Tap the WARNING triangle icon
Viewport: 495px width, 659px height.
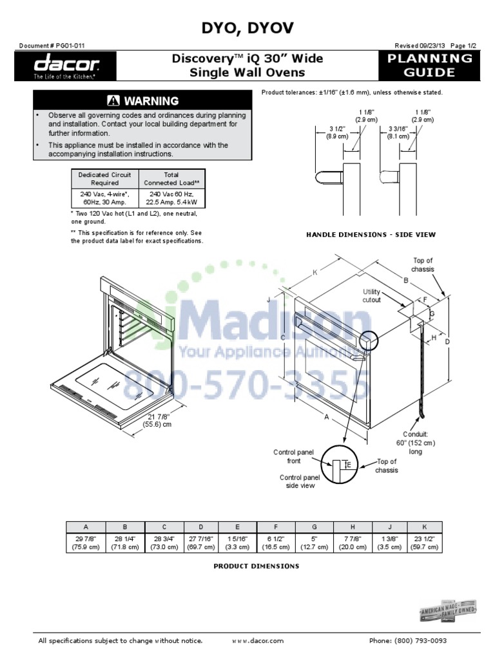click(114, 100)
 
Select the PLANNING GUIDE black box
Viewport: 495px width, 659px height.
click(429, 66)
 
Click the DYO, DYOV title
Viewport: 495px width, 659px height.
click(247, 28)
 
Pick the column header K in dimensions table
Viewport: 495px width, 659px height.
click(425, 526)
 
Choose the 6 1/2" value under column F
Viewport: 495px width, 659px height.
click(276, 542)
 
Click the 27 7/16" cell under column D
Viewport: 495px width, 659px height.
click(201, 542)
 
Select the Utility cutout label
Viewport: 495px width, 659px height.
click(372, 295)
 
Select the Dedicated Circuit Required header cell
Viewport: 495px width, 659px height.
click(104, 178)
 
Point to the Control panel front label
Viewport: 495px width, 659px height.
click(294, 456)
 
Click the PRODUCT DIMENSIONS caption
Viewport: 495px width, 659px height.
click(256, 566)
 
